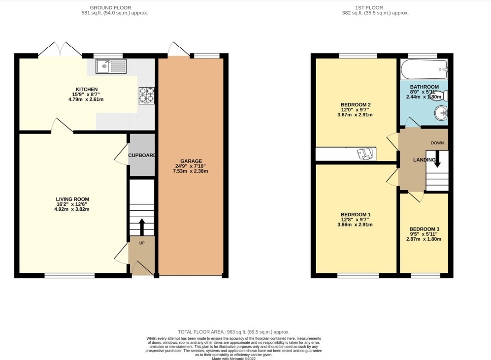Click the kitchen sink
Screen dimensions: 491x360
click(x=111, y=66)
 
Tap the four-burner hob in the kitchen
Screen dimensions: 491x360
click(x=147, y=95)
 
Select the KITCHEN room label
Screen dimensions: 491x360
click(x=87, y=90)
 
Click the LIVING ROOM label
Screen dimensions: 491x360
click(x=72, y=199)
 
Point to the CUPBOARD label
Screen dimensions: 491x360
click(x=142, y=155)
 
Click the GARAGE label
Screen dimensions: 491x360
click(x=191, y=161)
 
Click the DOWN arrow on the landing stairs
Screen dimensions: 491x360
click(x=437, y=159)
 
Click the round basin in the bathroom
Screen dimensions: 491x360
click(x=442, y=113)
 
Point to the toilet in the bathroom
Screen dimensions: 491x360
click(x=442, y=96)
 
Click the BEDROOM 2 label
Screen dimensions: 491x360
click(x=356, y=104)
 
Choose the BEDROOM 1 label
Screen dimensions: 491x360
click(x=356, y=214)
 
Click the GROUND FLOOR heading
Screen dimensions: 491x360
click(x=110, y=7)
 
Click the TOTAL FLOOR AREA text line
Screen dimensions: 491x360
click(x=233, y=332)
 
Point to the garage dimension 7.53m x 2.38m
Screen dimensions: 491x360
click(x=191, y=171)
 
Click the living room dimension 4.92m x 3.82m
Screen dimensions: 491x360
click(x=72, y=209)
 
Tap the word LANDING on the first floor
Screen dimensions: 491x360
click(x=425, y=160)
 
